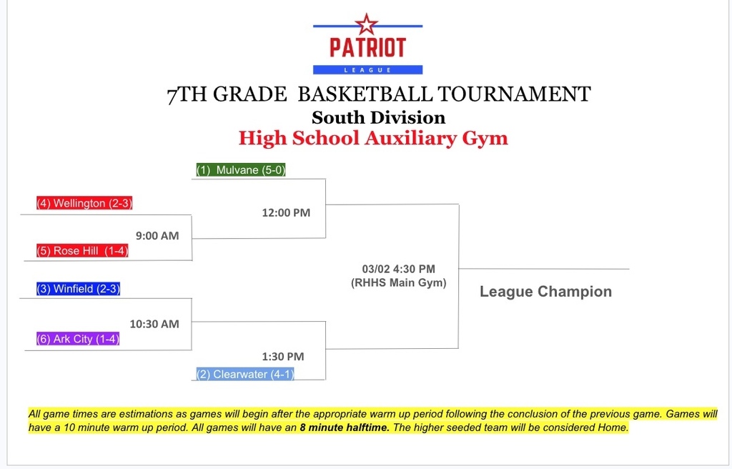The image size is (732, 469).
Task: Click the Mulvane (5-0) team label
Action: tap(242, 170)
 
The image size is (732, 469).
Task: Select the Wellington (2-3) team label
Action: tap(85, 203)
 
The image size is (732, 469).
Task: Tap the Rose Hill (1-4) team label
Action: tap(82, 251)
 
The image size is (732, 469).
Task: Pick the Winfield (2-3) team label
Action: tap(79, 289)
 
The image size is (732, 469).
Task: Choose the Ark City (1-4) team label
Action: tap(78, 339)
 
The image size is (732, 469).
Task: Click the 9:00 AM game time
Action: tap(157, 235)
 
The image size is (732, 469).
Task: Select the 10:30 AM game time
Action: tap(154, 324)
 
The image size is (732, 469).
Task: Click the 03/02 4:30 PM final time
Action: tap(398, 269)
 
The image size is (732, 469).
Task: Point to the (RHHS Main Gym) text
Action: tap(398, 282)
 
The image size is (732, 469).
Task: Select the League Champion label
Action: tap(545, 291)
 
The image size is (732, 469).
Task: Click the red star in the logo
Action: tap(367, 24)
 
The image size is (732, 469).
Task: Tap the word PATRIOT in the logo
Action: tap(367, 48)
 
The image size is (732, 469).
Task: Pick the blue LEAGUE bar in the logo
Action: tap(367, 69)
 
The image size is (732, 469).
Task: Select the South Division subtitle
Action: tap(378, 117)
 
